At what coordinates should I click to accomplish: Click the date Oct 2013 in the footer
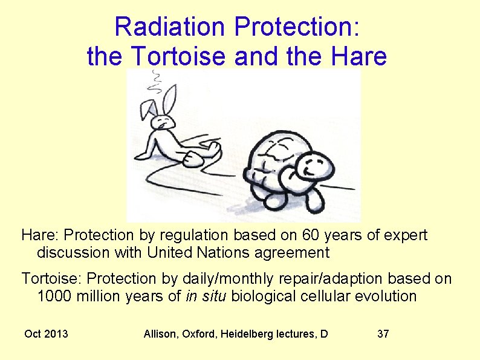(46, 334)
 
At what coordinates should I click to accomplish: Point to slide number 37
(383, 334)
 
